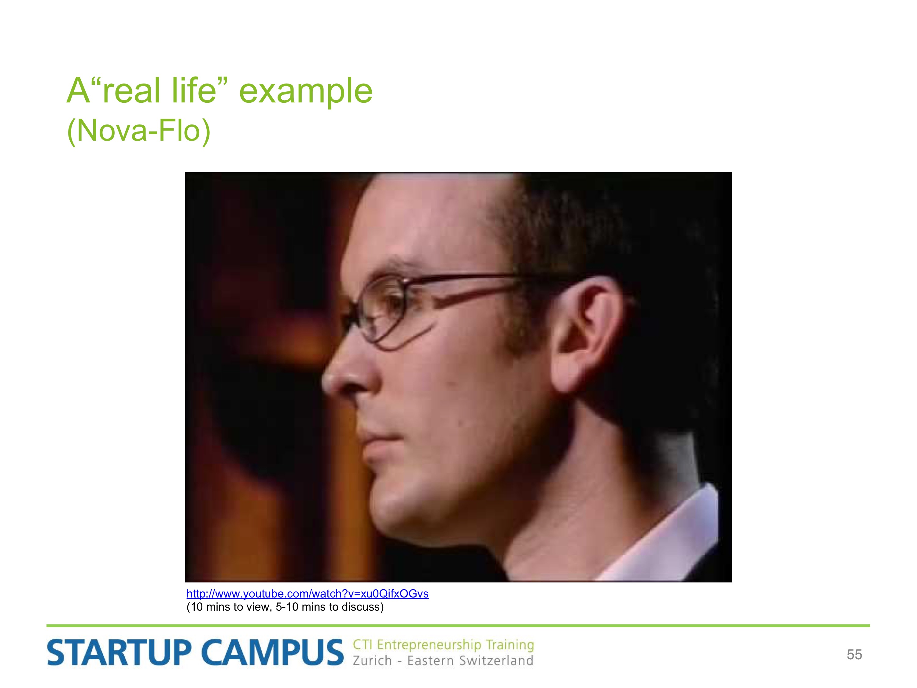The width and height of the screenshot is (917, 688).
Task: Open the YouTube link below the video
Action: click(308, 594)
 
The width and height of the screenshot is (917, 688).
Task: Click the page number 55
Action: click(854, 654)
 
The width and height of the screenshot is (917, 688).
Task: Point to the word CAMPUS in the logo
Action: click(273, 653)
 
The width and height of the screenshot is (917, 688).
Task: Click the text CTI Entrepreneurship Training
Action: click(443, 645)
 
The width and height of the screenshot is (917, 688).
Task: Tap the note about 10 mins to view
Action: click(285, 607)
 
